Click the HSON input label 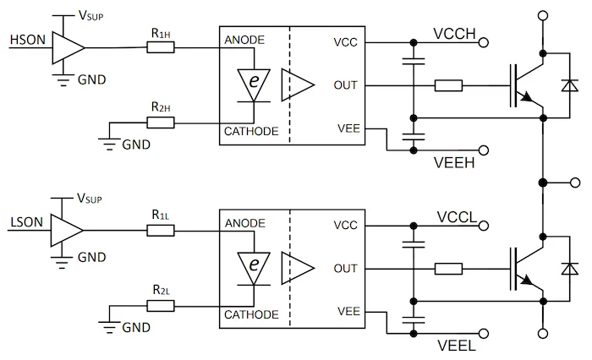22,40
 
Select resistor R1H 160,47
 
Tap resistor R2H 160,123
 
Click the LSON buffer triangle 67,231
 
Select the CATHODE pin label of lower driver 251,314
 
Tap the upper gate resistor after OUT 448,85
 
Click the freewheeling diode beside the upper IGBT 571,85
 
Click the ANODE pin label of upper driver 245,41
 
